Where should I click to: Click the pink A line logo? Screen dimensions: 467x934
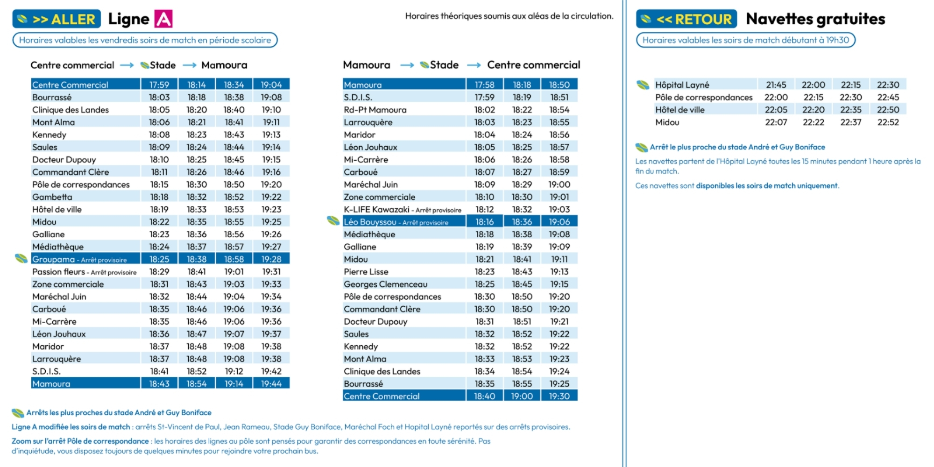163,19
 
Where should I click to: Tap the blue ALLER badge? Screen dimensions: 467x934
57,19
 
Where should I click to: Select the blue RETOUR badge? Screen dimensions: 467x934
686,19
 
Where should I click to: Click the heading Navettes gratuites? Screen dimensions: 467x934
815,19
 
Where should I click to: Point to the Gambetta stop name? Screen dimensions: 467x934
52,197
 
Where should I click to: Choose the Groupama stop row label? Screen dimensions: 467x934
79,259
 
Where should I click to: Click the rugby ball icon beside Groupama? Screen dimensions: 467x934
21,258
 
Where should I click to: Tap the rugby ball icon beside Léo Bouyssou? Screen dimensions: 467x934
333,220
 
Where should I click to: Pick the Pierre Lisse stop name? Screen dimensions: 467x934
366,272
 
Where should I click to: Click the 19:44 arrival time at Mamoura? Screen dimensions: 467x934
271,384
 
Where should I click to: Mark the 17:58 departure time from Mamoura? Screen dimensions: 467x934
484,85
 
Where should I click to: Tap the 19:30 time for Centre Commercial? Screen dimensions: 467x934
559,396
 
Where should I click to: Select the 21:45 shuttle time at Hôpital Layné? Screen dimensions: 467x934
776,85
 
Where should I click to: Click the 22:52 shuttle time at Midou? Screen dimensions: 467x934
888,122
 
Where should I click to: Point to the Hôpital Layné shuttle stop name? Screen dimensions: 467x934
682,85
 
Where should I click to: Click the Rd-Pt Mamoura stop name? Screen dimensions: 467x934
375,110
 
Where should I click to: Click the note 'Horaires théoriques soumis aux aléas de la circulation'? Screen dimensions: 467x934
509,16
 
